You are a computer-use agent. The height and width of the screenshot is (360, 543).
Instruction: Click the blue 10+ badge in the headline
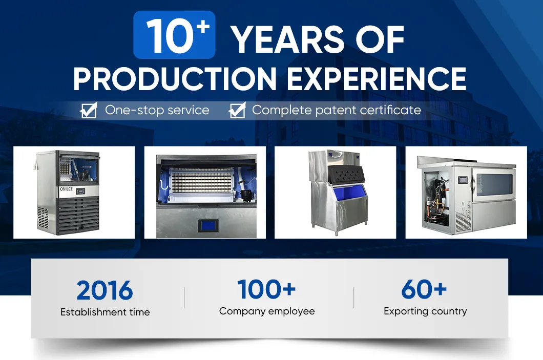174,35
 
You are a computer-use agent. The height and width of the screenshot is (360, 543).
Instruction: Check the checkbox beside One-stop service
89,111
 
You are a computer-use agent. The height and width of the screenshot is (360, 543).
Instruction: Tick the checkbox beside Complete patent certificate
237,111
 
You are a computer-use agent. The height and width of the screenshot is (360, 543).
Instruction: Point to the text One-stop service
157,110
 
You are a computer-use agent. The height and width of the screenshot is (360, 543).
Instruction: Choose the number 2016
105,291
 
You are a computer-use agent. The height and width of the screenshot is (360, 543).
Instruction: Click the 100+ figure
266,289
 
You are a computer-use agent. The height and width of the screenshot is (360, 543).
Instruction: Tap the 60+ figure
424,289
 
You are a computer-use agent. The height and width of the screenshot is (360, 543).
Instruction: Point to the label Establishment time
105,312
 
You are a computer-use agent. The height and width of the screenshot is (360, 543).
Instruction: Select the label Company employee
267,311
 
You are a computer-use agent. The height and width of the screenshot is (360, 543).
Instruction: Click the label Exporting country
425,311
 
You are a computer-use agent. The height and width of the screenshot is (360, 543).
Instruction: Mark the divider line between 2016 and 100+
184,298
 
